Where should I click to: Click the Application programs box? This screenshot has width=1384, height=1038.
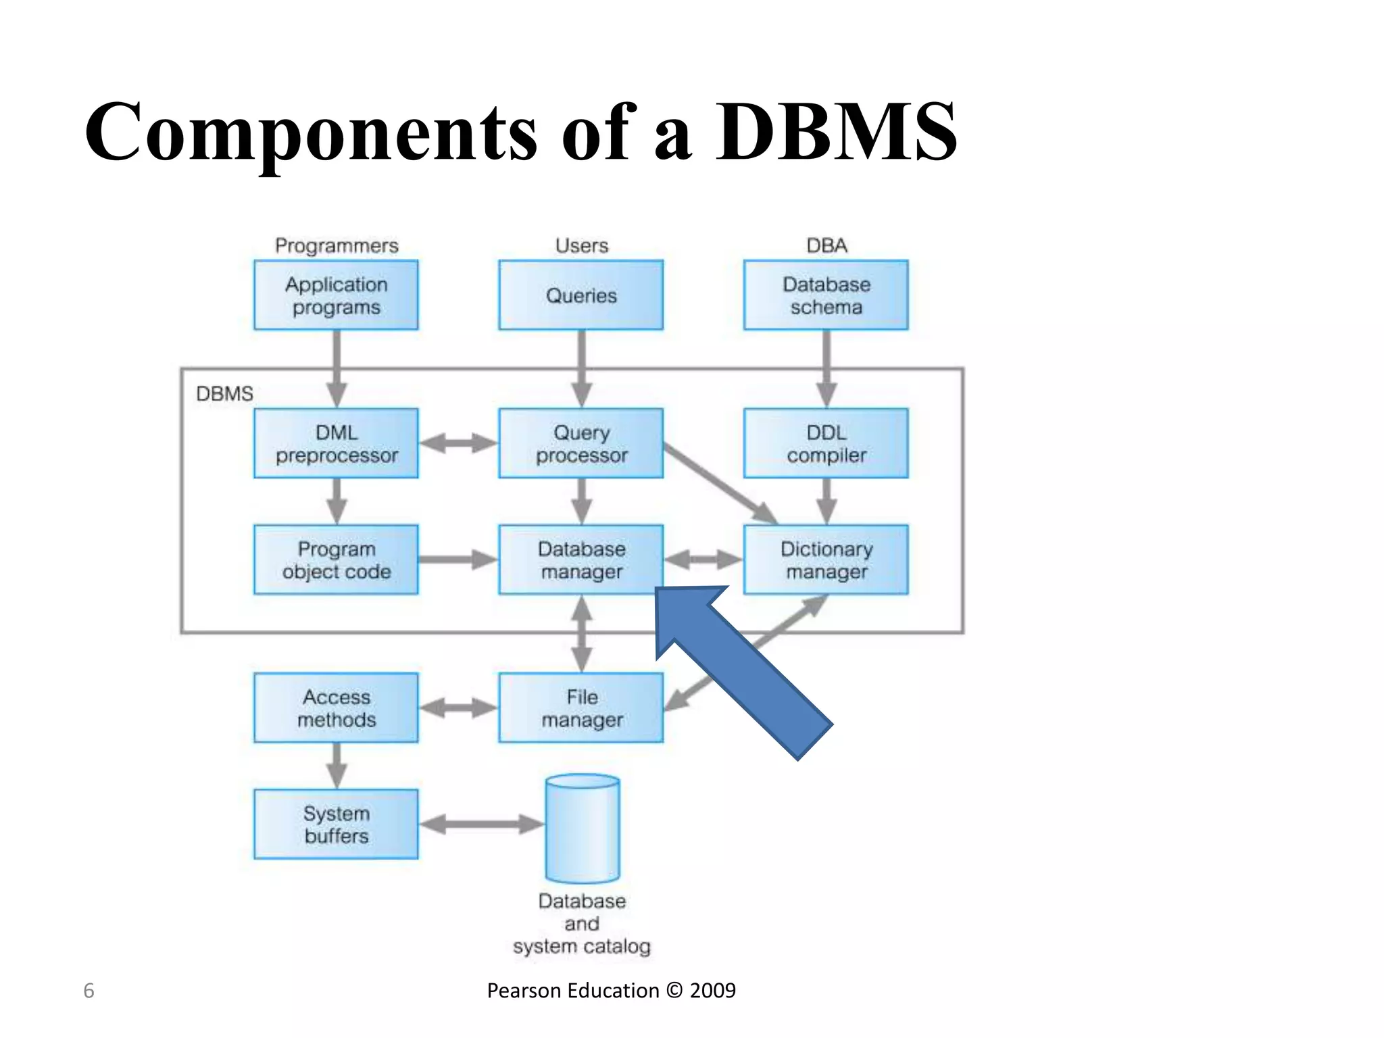[x=336, y=295]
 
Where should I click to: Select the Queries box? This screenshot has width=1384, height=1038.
[x=580, y=295]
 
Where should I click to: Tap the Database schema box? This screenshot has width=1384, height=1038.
[x=826, y=295]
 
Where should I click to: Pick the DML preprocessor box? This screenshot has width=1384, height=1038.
[x=336, y=443]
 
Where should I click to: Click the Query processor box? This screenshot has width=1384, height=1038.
[x=580, y=443]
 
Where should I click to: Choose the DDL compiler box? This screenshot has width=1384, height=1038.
[x=826, y=443]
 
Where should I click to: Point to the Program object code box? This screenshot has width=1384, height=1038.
[x=336, y=560]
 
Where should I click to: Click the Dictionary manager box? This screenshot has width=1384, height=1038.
[x=826, y=560]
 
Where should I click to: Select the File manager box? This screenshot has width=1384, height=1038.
[x=580, y=708]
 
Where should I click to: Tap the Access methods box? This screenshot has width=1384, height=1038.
[x=336, y=708]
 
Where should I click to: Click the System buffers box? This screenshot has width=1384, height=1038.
[x=336, y=824]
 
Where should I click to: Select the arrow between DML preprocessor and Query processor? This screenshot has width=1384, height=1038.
[x=458, y=443]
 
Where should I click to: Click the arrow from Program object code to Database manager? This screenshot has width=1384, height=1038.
[x=458, y=560]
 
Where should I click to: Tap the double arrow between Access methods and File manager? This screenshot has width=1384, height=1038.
[x=458, y=708]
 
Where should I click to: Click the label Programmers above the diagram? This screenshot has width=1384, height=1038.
[x=336, y=245]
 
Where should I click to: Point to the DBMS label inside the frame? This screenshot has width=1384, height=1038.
[x=224, y=393]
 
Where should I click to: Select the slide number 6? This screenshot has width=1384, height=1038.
[x=89, y=991]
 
